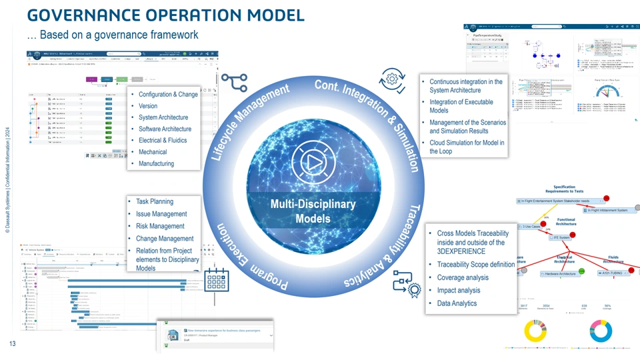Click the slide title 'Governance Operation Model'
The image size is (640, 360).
[165, 15]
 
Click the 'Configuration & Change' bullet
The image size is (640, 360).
[168, 95]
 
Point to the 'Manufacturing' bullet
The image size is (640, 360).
[156, 163]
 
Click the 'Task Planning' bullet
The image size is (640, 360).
[155, 201]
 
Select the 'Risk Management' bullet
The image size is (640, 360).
[160, 226]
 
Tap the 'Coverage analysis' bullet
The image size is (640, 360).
[463, 277]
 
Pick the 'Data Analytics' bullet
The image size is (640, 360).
[457, 303]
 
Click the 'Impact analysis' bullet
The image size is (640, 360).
[459, 291]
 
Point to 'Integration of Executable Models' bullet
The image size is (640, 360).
[461, 106]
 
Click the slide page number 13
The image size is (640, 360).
[12, 344]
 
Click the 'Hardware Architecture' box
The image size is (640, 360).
[558, 273]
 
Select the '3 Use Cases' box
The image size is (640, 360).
[531, 227]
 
